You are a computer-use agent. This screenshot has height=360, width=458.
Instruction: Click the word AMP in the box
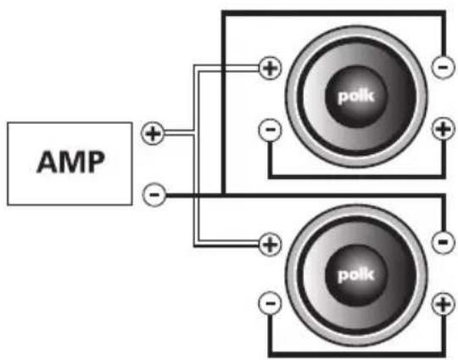(70, 161)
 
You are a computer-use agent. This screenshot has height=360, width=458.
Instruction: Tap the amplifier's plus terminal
(152, 133)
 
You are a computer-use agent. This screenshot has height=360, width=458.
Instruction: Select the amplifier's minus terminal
(154, 194)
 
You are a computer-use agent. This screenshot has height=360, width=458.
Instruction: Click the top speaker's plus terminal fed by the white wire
(271, 68)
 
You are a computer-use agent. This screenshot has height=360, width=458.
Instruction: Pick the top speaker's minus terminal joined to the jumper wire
(271, 130)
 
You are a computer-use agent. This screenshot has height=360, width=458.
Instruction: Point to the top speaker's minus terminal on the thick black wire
(443, 68)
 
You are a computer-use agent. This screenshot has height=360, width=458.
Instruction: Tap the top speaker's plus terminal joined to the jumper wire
(443, 129)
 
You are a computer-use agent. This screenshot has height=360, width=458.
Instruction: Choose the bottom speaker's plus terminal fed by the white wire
(271, 245)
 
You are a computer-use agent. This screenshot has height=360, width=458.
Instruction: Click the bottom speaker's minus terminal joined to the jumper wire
(271, 303)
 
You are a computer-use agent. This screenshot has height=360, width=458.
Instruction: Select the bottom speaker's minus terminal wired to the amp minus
(443, 242)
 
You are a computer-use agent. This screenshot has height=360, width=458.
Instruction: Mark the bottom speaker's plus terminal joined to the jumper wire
(443, 304)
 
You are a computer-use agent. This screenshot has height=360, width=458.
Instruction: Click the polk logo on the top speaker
(355, 97)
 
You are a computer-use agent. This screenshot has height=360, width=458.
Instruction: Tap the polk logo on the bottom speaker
(355, 275)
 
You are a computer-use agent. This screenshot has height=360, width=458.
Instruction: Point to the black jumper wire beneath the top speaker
(357, 177)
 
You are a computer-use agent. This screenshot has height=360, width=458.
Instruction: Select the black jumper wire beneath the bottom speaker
(357, 354)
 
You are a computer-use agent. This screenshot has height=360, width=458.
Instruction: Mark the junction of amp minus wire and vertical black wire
(223, 194)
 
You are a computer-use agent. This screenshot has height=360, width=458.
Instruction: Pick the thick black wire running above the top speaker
(333, 13)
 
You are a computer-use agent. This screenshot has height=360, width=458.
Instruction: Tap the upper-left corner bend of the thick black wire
(224, 13)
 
